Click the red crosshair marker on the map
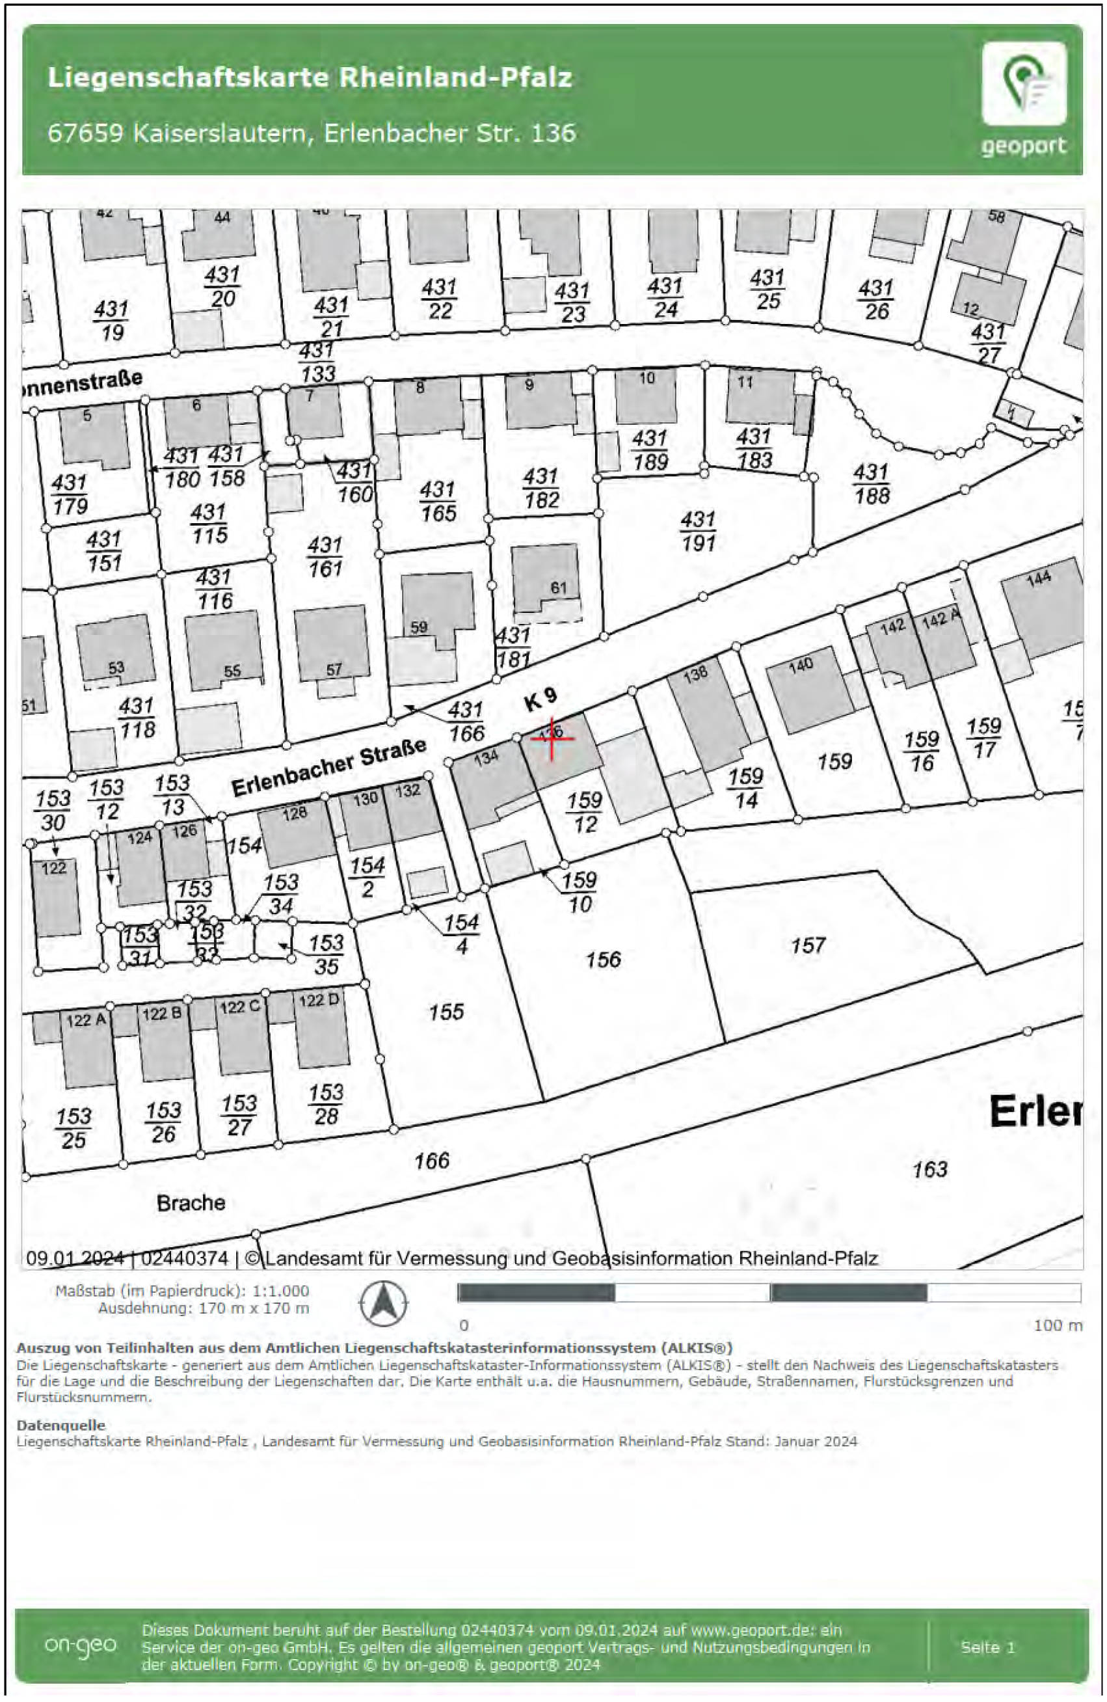pos(552,738)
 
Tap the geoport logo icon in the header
pos(1023,84)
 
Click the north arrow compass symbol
pos(383,1304)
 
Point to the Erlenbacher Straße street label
pos(329,768)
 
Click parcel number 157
pos(808,946)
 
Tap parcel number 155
pos(446,1012)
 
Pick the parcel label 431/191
pos(698,531)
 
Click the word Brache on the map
pos(191,1203)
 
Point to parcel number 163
pos(929,1169)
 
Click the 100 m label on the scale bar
pos(1058,1325)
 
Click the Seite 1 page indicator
pos(987,1647)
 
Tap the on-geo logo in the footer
pos(80,1645)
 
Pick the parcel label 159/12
pos(584,813)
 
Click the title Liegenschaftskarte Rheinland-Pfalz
pos(310,77)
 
